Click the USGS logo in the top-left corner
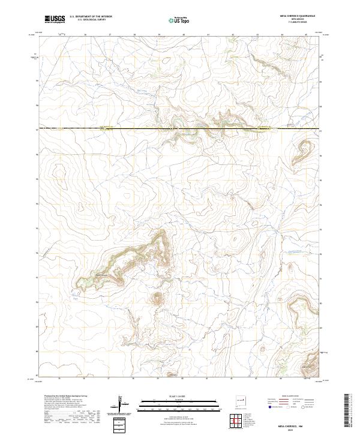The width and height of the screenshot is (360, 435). coord(55,19)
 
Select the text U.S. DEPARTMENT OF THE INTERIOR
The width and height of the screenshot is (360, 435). coord(91,17)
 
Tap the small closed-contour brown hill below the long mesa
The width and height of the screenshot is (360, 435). coord(158,297)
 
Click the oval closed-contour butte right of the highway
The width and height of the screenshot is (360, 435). coord(302,148)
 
